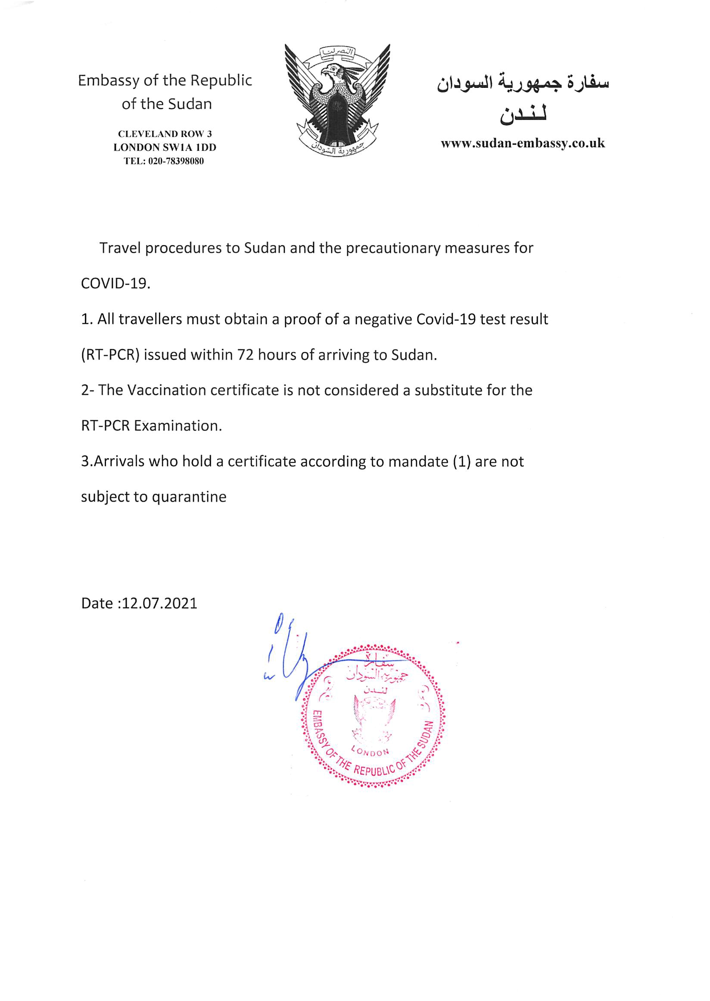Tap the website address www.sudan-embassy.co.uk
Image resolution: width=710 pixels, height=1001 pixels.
[523, 143]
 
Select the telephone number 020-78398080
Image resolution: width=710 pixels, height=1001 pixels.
[176, 161]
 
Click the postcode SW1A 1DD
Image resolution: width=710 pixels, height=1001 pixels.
[190, 147]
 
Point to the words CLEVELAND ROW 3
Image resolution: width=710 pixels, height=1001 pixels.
[165, 134]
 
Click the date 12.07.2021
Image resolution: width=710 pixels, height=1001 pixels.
[160, 603]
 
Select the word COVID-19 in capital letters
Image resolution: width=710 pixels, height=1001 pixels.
[115, 284]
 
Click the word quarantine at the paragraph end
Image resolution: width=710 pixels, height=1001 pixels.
[189, 497]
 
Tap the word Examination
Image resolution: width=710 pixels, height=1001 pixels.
[178, 425]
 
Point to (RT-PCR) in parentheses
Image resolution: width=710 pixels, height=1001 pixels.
[110, 355]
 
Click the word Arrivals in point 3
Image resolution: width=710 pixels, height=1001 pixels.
[118, 462]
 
